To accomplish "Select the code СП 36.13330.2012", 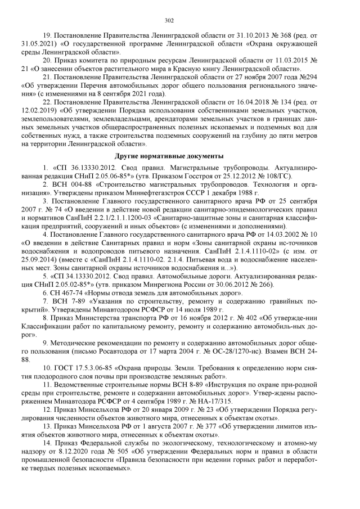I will (78, 168).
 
